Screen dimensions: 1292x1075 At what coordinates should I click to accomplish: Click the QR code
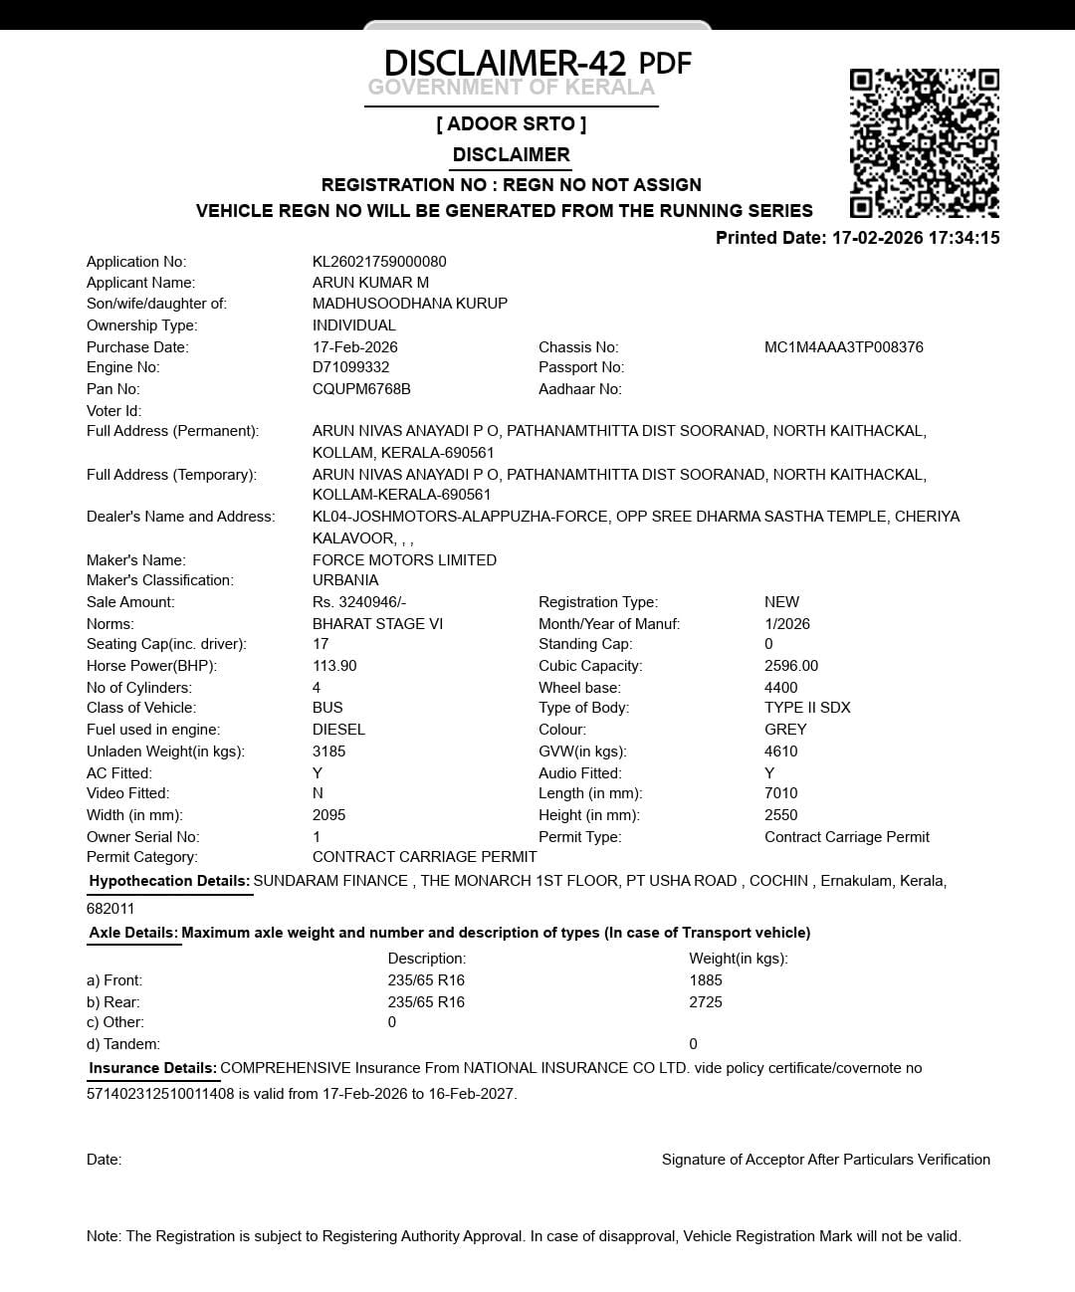click(x=924, y=142)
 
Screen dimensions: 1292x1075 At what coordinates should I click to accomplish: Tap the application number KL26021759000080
click(x=379, y=262)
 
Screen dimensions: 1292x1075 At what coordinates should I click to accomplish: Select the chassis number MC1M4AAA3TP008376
click(x=843, y=347)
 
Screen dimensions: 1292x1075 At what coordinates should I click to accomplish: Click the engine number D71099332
click(x=350, y=367)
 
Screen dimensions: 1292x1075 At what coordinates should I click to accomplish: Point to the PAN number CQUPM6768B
click(x=361, y=389)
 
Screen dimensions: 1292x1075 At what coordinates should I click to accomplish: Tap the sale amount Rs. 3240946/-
click(x=359, y=602)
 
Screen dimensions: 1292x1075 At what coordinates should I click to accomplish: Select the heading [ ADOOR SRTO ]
click(x=511, y=124)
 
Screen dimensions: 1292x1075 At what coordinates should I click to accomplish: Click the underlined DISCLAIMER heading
click(x=511, y=155)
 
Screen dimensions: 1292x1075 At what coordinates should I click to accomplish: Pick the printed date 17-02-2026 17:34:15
click(x=915, y=238)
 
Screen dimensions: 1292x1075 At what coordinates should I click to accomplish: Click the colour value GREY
click(x=785, y=730)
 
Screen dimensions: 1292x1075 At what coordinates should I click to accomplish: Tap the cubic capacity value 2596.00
click(x=791, y=666)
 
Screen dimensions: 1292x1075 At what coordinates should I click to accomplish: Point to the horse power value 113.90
click(x=334, y=666)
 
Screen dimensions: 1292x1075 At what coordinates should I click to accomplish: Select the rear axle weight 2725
click(x=706, y=1002)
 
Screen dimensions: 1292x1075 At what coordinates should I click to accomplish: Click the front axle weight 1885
click(x=706, y=980)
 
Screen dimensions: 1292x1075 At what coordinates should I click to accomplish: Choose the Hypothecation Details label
click(x=168, y=881)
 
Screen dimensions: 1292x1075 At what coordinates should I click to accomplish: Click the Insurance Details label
click(x=152, y=1068)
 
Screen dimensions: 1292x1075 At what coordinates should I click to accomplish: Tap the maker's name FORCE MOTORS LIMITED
click(x=404, y=560)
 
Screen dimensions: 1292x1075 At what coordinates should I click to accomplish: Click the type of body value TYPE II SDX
click(x=807, y=708)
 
